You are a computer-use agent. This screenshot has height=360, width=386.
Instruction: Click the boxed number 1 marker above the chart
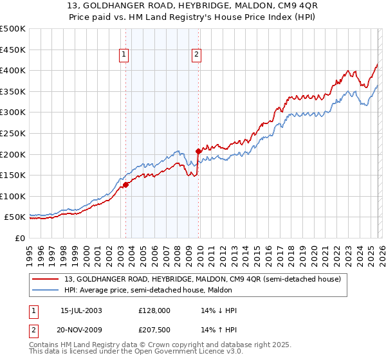(122, 55)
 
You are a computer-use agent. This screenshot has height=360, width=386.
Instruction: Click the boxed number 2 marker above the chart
(196, 55)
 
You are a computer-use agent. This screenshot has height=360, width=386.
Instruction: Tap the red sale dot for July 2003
(125, 184)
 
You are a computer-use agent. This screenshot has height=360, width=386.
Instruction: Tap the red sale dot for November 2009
(198, 151)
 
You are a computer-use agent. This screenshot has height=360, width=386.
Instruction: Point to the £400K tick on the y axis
(13, 71)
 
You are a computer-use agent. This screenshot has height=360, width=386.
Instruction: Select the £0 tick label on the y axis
(20, 238)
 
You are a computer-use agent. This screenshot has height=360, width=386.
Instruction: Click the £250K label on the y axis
(13, 133)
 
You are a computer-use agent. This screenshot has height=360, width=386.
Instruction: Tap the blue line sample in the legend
(46, 290)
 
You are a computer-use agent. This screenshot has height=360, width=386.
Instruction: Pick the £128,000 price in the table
(153, 310)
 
